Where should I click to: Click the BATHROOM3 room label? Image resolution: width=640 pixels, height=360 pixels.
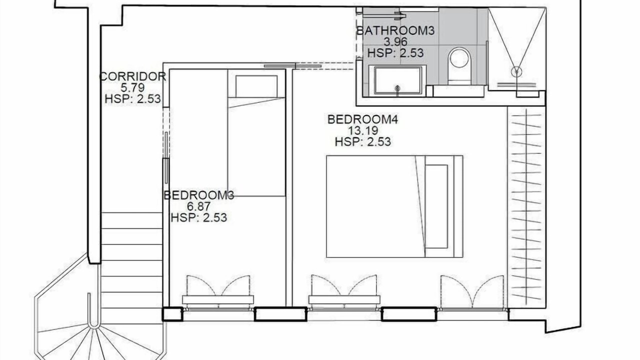(395, 30)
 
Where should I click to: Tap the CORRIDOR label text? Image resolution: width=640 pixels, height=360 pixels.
(132, 76)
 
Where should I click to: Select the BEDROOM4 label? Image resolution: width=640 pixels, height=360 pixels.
(363, 119)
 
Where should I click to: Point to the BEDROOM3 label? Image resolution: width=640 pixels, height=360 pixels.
(199, 195)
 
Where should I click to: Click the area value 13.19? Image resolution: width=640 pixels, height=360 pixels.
(363, 130)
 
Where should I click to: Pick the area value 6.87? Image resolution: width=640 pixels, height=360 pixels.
(199, 206)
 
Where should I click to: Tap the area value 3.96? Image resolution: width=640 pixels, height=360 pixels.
(395, 42)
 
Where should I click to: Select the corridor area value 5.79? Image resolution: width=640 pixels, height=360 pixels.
(132, 87)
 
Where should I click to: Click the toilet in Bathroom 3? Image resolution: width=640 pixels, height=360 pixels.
(459, 65)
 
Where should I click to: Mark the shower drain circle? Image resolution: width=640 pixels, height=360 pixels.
(516, 71)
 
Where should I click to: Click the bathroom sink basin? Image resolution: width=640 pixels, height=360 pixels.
(397, 80)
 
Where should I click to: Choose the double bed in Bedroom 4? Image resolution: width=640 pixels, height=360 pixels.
(394, 206)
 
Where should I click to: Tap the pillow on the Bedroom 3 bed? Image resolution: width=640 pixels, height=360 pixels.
(256, 86)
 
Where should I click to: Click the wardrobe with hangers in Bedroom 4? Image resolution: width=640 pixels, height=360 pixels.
(526, 207)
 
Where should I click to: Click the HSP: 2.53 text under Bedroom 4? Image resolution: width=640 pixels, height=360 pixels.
(363, 141)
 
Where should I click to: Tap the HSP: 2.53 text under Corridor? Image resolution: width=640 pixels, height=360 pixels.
(132, 99)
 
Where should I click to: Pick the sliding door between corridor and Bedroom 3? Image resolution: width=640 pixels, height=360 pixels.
(166, 157)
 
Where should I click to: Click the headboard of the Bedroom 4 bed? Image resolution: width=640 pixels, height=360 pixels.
(458, 206)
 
